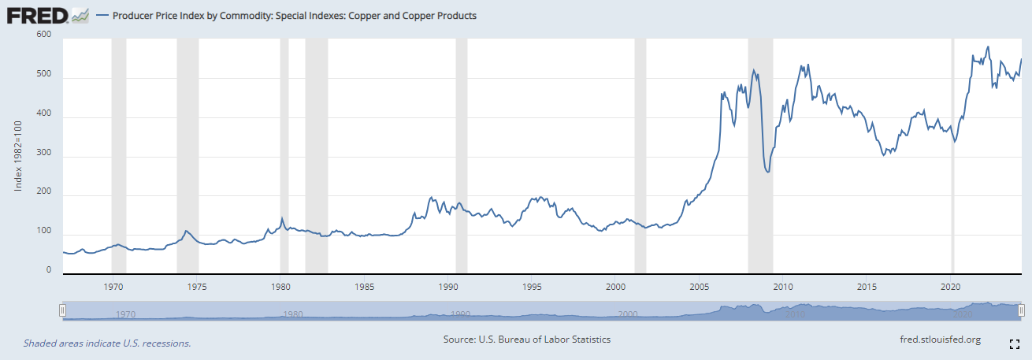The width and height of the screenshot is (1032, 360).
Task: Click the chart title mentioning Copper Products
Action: (295, 15)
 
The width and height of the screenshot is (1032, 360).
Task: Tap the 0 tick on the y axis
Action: (48, 270)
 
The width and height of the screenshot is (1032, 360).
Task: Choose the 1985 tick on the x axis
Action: (364, 285)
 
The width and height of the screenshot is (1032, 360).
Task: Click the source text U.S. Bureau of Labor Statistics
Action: (527, 340)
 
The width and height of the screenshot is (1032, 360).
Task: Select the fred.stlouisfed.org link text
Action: (939, 340)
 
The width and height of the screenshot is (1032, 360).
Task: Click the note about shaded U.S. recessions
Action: (107, 343)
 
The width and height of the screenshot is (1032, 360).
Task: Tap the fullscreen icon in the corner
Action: (1015, 343)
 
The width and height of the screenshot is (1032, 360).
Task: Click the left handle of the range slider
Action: (62, 311)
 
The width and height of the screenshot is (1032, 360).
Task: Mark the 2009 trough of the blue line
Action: (768, 173)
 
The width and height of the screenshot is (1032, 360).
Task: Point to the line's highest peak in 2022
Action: (988, 46)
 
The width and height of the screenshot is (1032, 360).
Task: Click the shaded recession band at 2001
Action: (640, 158)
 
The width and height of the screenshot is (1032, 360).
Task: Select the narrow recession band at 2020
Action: (952, 158)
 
